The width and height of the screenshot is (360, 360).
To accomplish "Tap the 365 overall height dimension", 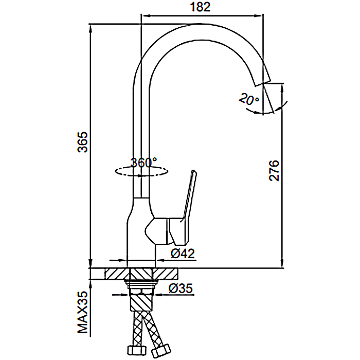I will pyautogui.click(x=82, y=142).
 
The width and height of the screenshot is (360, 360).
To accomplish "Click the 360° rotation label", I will pyautogui.click(x=143, y=163).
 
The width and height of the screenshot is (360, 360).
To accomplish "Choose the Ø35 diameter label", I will pyautogui.click(x=181, y=289).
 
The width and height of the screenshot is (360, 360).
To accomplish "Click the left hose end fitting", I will pyautogui.click(x=134, y=350).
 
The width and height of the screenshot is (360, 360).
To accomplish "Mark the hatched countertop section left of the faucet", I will pyautogui.click(x=116, y=273).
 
